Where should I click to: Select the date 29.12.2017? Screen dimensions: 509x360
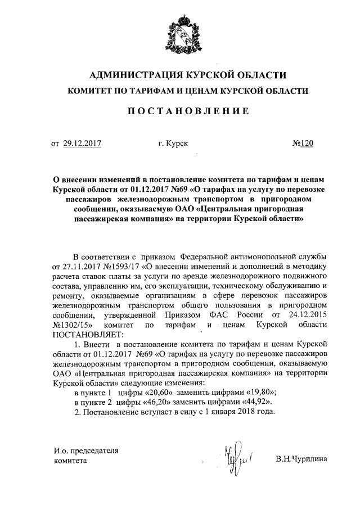click(82, 143)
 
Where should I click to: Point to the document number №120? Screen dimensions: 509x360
click(302, 143)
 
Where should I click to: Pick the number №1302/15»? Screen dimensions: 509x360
click(73, 326)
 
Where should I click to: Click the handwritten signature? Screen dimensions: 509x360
click(236, 457)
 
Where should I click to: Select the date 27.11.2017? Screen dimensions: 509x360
click(70, 265)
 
